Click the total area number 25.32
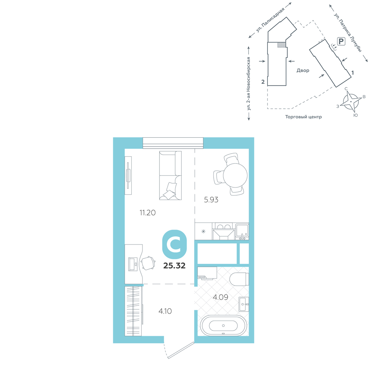tap(174, 266)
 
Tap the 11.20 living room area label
tap(148, 213)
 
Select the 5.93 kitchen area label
tap(211, 200)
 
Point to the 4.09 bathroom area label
tap(220, 297)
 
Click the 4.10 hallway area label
tap(165, 311)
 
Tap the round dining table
tap(235, 175)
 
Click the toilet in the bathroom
tap(239, 279)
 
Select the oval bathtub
tap(223, 326)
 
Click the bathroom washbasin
tap(244, 304)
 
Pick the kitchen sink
tap(242, 231)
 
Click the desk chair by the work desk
tap(148, 263)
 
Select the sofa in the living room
tap(170, 175)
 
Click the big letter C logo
tap(175, 244)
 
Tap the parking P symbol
tap(341, 42)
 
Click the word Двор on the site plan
tap(303, 70)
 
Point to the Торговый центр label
tap(303, 116)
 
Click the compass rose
tap(351, 101)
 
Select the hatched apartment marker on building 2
tap(281, 45)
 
